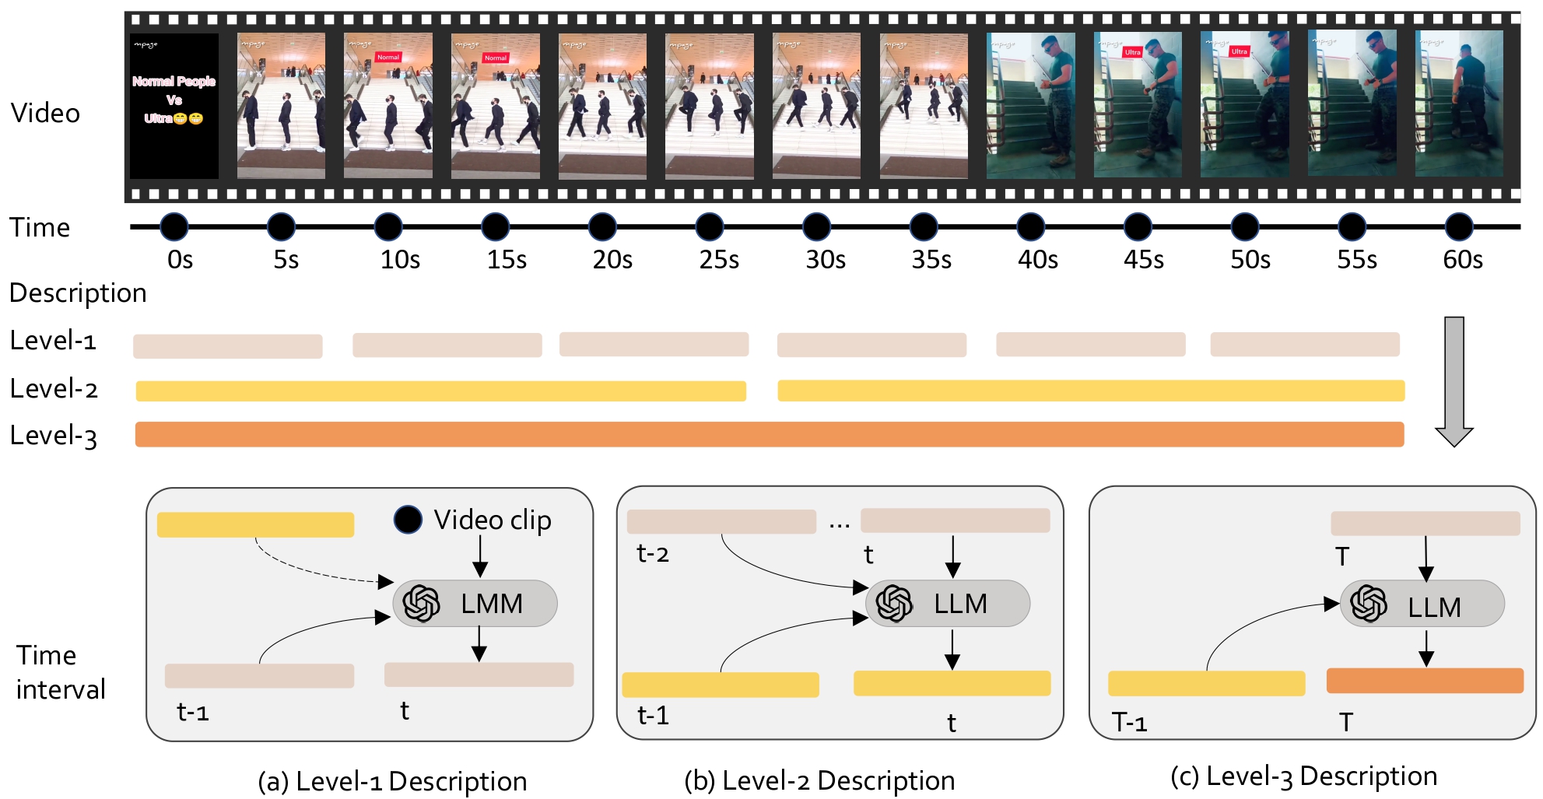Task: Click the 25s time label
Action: (x=718, y=260)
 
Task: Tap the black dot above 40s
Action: (x=1030, y=227)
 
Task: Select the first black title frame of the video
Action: (x=174, y=106)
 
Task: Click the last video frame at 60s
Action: (x=1458, y=104)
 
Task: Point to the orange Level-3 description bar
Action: (x=769, y=434)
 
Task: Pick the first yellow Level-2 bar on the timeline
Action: (x=440, y=391)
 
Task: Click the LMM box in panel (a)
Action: (x=475, y=604)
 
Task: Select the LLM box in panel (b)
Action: (x=948, y=604)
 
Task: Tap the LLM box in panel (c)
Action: (x=1422, y=605)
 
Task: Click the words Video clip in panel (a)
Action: (x=493, y=520)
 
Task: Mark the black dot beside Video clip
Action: (x=408, y=520)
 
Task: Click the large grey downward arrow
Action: (x=1454, y=381)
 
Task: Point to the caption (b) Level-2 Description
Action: (x=819, y=780)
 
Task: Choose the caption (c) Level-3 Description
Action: (x=1303, y=776)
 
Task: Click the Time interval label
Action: (x=60, y=672)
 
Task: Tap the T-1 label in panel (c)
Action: (x=1129, y=723)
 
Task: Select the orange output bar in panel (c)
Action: (x=1424, y=681)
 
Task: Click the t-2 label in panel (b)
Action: (x=652, y=554)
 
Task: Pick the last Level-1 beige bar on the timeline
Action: (x=1304, y=344)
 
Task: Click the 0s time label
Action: (x=180, y=260)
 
